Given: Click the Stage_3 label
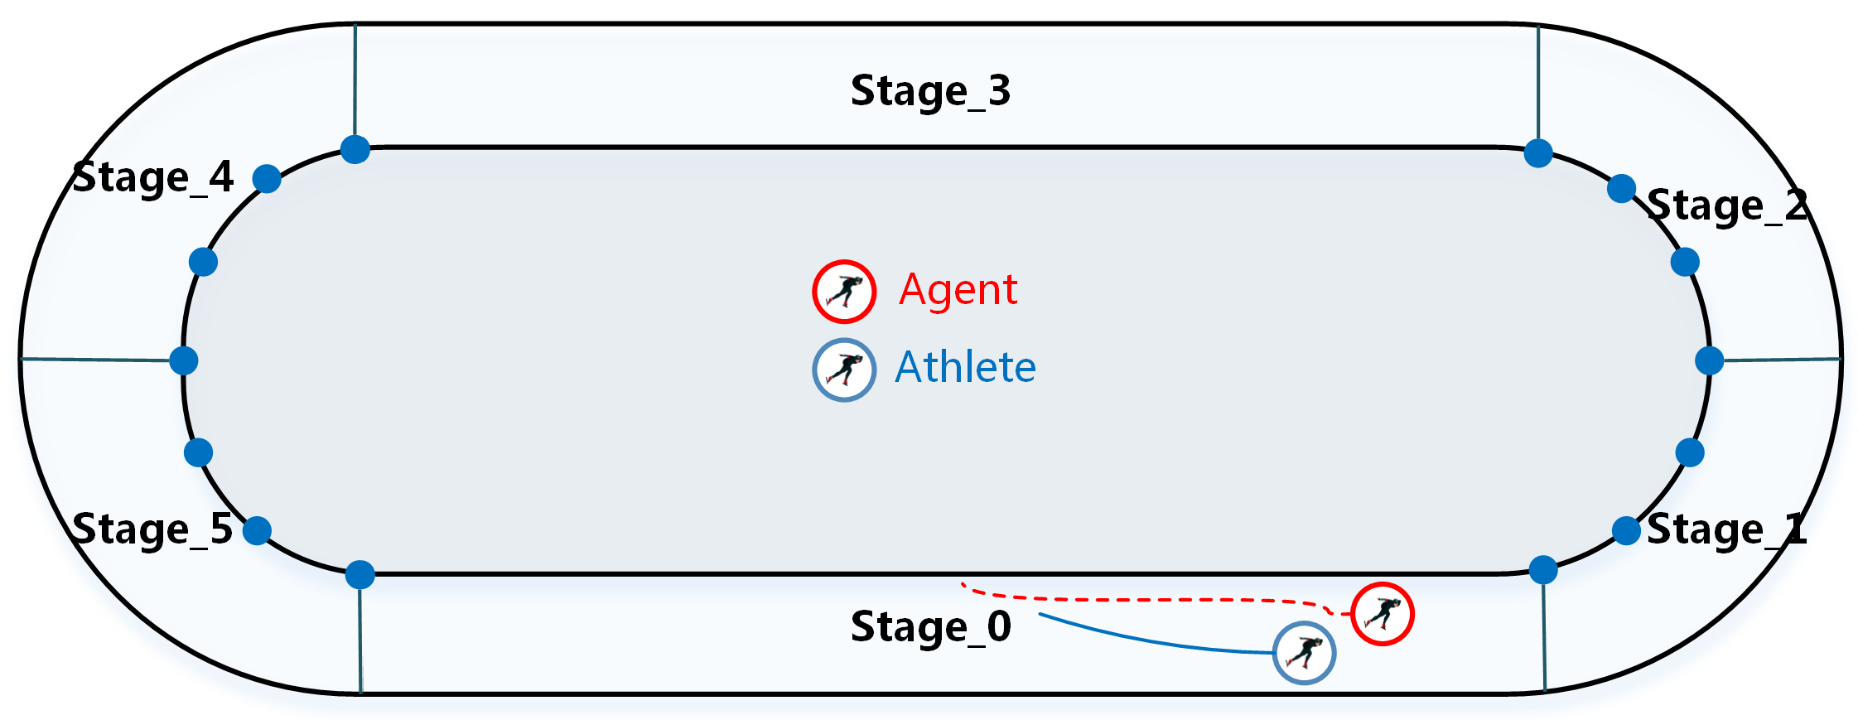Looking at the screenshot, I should pyautogui.click(x=930, y=91).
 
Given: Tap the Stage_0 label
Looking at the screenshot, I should pyautogui.click(x=930, y=627).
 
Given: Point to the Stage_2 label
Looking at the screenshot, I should pyautogui.click(x=1726, y=205).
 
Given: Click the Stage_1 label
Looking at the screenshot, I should pyautogui.click(x=1726, y=529).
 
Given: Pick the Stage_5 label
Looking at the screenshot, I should pyautogui.click(x=153, y=529).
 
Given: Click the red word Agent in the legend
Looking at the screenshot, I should pyautogui.click(x=958, y=290).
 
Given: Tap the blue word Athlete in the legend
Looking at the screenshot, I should pyautogui.click(x=965, y=367).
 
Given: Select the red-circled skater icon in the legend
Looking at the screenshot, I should pyautogui.click(x=843, y=292).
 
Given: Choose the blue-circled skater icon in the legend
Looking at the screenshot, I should pyautogui.click(x=843, y=370).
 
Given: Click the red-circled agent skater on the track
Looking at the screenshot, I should pyautogui.click(x=1382, y=614).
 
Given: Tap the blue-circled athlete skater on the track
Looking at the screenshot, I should pyautogui.click(x=1304, y=653).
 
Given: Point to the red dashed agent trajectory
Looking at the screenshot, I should pyautogui.click(x=1160, y=599).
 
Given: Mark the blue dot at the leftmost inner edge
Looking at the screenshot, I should pyautogui.click(x=183, y=360).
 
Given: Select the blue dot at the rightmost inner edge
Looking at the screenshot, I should pyautogui.click(x=1709, y=360).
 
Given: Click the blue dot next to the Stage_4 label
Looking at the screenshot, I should pyautogui.click(x=267, y=178).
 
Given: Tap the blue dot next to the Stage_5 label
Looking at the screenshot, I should pyautogui.click(x=257, y=530).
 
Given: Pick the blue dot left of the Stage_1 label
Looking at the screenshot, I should pyautogui.click(x=1626, y=530).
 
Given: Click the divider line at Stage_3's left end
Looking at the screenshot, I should pyautogui.click(x=355, y=83).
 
